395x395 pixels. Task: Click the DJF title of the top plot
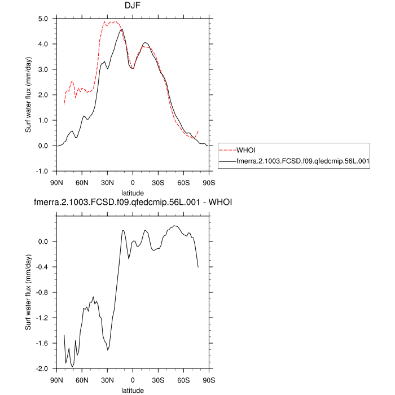pyautogui.click(x=133, y=6)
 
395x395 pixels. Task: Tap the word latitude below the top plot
pyautogui.click(x=133, y=192)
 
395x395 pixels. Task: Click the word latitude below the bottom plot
pyautogui.click(x=133, y=390)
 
